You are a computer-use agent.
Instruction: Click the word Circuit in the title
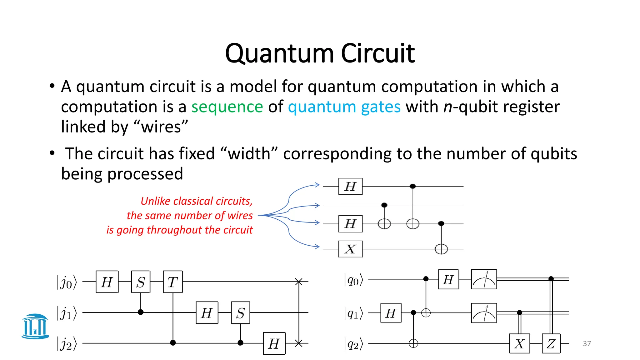(377, 54)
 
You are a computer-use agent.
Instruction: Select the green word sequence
(227, 107)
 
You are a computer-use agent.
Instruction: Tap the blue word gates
(381, 107)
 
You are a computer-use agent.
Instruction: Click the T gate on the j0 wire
(172, 282)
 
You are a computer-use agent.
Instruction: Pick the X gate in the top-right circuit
(350, 249)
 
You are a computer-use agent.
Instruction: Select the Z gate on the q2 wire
(551, 343)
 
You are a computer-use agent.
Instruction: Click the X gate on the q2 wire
(519, 343)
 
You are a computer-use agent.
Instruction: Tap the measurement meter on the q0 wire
(484, 279)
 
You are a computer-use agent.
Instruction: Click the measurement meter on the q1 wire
(484, 313)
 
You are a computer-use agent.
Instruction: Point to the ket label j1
(67, 313)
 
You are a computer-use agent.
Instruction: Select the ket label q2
(353, 344)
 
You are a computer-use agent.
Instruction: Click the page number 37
(587, 343)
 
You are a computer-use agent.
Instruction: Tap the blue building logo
(35, 326)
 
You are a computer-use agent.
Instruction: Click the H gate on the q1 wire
(391, 313)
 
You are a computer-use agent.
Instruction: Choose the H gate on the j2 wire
(274, 343)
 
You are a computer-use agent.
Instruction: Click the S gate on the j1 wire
(240, 313)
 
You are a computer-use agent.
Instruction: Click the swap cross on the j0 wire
(299, 282)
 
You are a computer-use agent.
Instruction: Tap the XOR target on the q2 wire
(413, 343)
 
